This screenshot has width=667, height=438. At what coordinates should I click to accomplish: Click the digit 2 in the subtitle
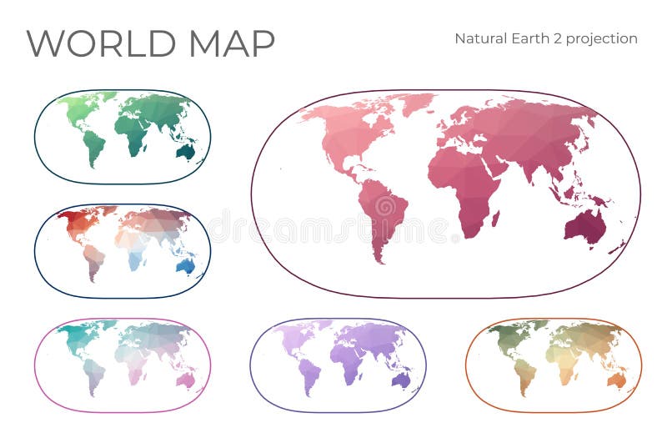click(548, 38)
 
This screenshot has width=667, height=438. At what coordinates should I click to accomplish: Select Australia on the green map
click(187, 152)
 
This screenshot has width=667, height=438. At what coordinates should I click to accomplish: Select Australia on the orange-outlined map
click(618, 380)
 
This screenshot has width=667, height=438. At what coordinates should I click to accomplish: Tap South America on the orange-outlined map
click(524, 375)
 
